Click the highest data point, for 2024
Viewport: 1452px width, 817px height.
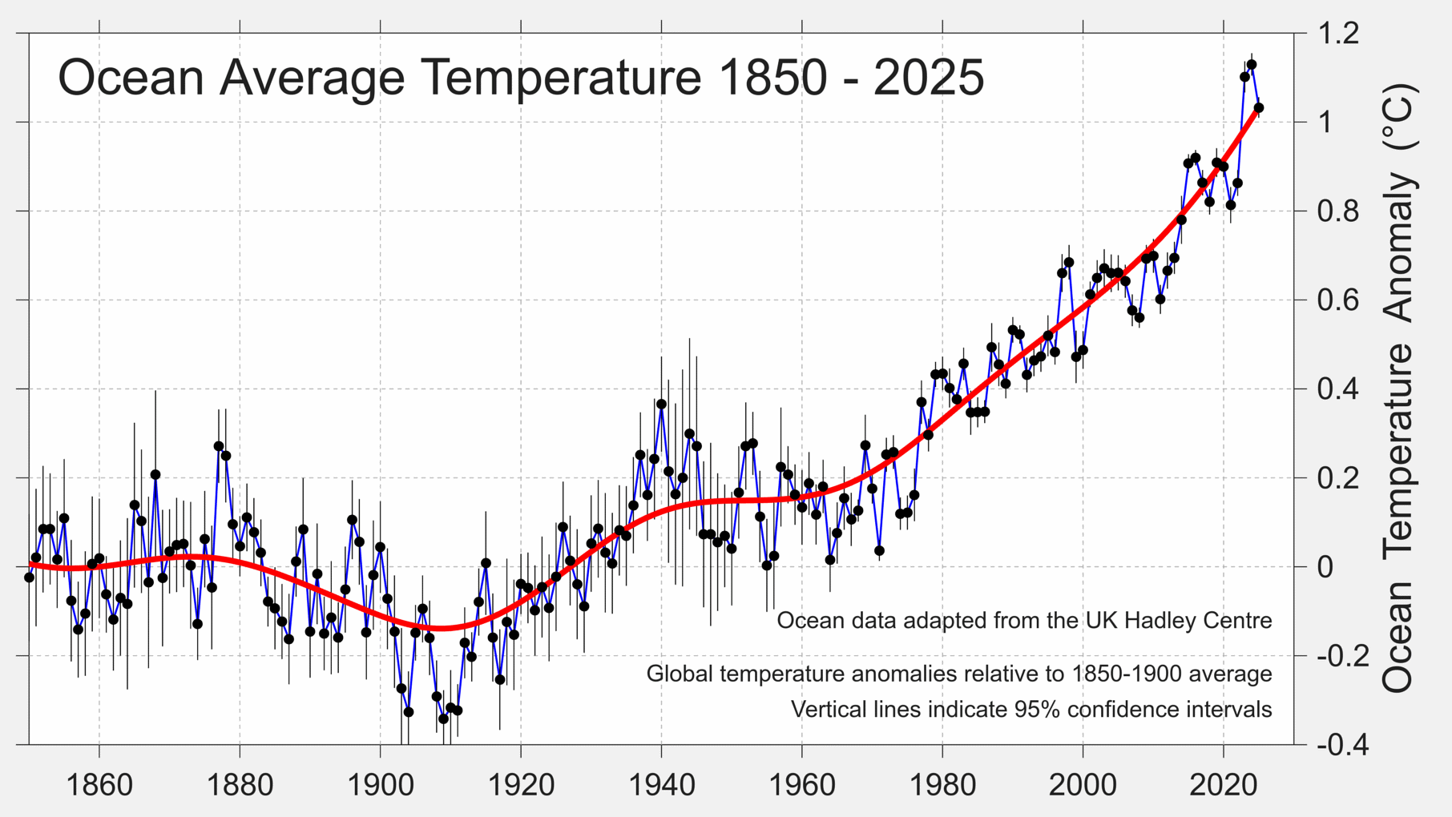1252,65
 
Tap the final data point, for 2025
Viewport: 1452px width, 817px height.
1259,107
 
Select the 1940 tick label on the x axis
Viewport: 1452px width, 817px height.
661,785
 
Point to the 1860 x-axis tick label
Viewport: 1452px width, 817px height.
99,785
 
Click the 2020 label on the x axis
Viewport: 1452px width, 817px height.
1224,785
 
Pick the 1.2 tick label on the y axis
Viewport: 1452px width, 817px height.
1338,34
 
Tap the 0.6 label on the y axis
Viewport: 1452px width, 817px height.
1338,300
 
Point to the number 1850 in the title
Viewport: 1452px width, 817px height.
772,78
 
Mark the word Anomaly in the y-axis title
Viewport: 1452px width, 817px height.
1398,248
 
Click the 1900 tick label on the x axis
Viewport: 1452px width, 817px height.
380,785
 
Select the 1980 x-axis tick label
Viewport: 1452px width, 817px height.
942,785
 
